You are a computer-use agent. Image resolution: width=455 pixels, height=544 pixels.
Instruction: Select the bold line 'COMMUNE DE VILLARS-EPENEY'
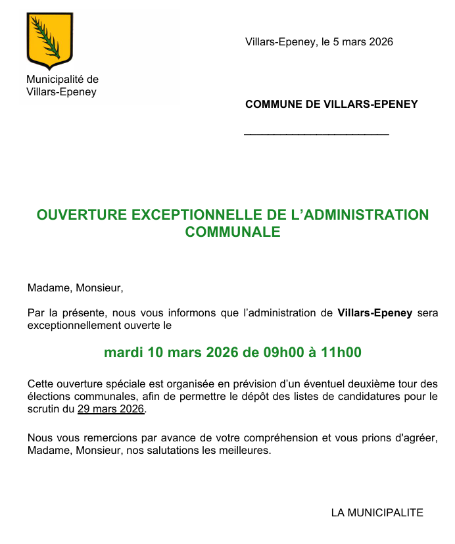(x=331, y=105)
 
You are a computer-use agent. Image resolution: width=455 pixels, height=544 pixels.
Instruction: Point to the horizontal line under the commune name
(x=316, y=135)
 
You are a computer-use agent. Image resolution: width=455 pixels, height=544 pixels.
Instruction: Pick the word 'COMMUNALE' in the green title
(x=233, y=232)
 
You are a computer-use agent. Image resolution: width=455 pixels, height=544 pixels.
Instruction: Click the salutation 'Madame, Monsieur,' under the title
(x=75, y=288)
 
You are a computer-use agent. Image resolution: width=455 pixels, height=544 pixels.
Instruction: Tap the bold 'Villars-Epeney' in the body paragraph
(x=375, y=313)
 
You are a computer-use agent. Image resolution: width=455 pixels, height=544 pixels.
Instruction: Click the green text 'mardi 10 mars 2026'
(x=171, y=353)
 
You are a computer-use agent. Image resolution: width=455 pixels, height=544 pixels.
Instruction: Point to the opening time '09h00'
(x=284, y=353)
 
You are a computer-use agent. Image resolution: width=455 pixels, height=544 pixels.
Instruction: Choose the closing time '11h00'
(x=341, y=353)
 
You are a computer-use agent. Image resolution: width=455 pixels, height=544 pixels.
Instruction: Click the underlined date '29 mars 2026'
(x=110, y=409)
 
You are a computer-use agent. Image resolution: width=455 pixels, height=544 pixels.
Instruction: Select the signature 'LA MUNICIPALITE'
(x=377, y=513)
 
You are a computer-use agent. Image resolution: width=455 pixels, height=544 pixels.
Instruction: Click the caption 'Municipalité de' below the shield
(x=62, y=80)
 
